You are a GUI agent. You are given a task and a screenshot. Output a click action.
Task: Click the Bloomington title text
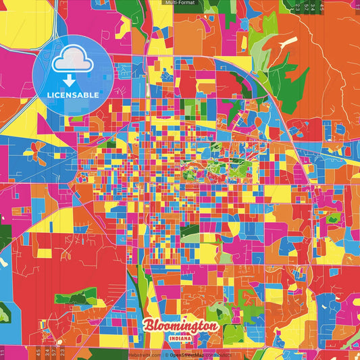[180, 326]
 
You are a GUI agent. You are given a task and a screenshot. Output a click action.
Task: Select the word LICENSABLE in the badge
[72, 95]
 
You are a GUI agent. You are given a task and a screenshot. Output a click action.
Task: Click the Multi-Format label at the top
[177, 3]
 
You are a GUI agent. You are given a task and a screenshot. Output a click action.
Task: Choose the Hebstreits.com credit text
[145, 355]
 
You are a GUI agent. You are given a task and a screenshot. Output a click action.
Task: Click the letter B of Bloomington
[149, 325]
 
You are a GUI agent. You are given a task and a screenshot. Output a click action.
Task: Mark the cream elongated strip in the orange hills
[288, 43]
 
